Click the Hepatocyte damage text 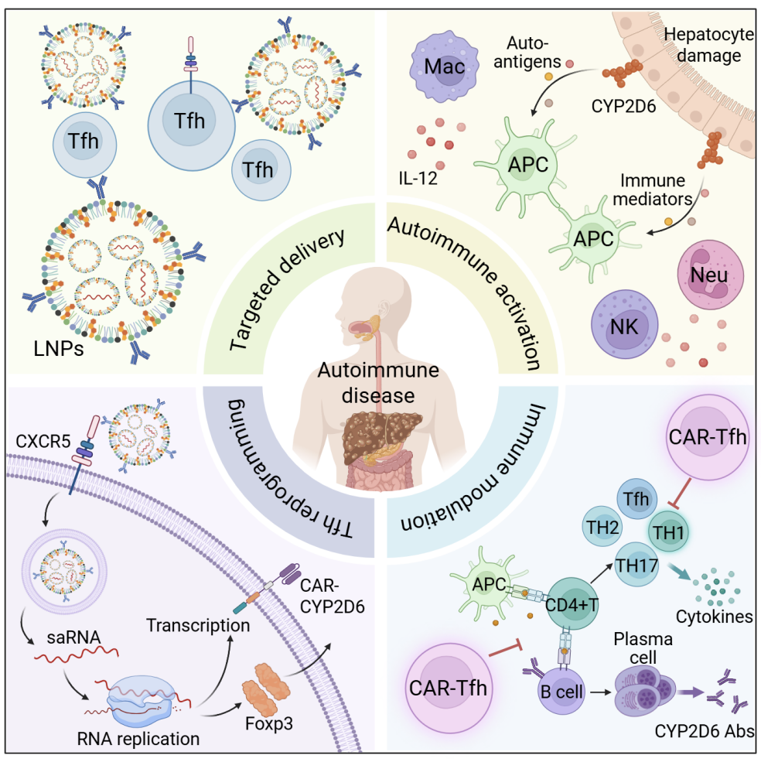[x=703, y=45]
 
